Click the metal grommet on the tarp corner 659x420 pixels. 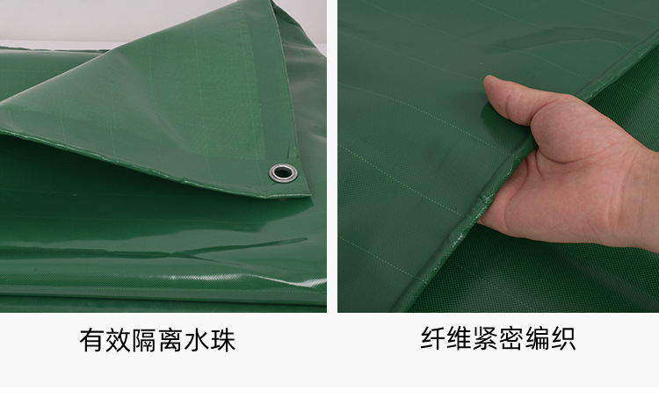click(282, 171)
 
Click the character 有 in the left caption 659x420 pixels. click(91, 340)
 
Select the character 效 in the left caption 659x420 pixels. click(118, 340)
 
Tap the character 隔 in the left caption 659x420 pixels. click(144, 340)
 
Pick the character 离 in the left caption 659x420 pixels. click(170, 340)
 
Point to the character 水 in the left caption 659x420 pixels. click(197, 340)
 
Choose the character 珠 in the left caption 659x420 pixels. click(223, 340)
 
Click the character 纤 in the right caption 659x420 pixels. click(432, 339)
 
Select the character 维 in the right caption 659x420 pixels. click(459, 339)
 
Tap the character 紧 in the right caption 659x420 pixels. click(485, 339)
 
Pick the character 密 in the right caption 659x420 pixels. click(511, 339)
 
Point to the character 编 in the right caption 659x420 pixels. click(538, 339)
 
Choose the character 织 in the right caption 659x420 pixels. click(564, 339)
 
